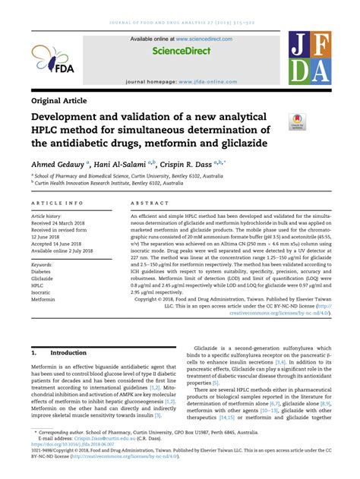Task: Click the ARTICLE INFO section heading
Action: pos(58,204)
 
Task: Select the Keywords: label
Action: pos(46,265)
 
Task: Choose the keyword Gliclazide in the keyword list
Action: pos(43,279)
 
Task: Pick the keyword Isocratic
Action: pos(42,293)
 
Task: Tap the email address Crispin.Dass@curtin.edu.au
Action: pos(99,439)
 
